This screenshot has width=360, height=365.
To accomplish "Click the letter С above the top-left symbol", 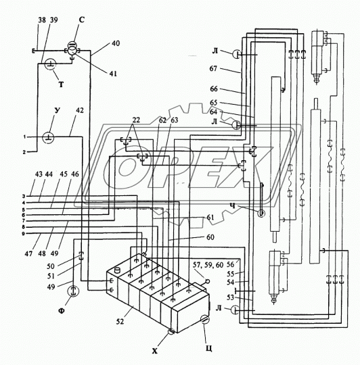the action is pos(81,20).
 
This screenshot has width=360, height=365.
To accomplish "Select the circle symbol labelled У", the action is pos(48,138).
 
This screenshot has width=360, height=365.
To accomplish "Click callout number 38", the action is pos(42,20).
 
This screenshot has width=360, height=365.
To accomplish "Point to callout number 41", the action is pos(113,74).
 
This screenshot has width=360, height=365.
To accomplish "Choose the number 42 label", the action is pos(79,110).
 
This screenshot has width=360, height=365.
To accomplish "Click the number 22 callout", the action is pos(136,120).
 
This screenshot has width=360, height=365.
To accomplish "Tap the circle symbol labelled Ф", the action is pos(73,291).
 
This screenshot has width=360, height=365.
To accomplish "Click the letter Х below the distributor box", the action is pos(155,351).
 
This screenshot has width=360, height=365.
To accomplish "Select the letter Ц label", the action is pos(209,349).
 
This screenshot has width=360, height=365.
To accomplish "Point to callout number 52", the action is pos(120,322).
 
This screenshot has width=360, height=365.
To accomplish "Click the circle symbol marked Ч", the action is pos(261,213).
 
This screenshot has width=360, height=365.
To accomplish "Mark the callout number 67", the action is pos(213,68).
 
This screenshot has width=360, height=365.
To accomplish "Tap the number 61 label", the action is pos(210,218).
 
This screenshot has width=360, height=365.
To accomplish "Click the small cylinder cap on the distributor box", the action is pos(118,270).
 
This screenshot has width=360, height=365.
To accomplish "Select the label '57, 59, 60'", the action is pos(208,265).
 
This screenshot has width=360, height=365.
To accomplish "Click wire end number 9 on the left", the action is pos(23,233).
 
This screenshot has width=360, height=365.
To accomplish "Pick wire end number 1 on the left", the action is pos(24,137).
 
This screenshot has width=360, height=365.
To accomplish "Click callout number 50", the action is pos(51,266).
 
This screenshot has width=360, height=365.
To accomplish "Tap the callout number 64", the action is pos(213,112).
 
